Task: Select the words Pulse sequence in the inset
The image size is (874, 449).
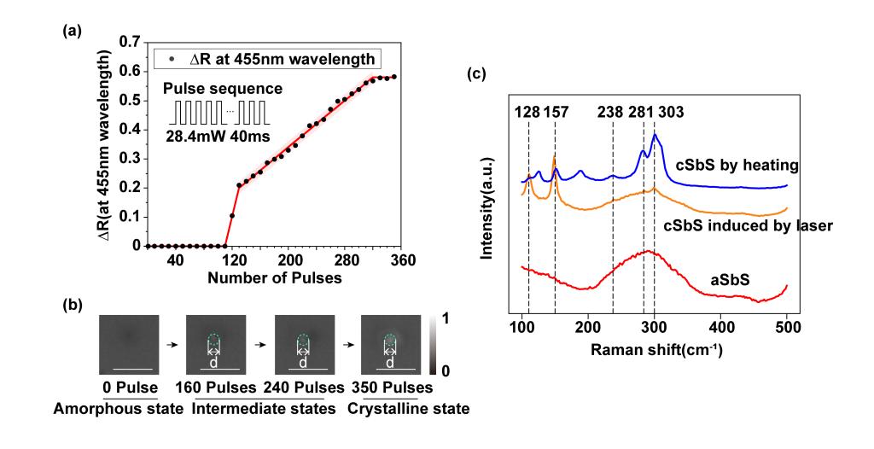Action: pos(222,90)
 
